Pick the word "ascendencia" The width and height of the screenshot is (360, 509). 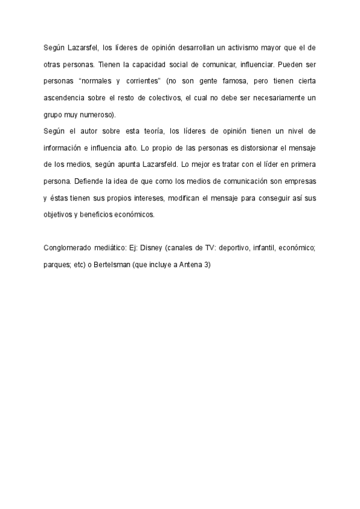[x=66, y=97]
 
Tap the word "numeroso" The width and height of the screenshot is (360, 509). [x=96, y=114]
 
